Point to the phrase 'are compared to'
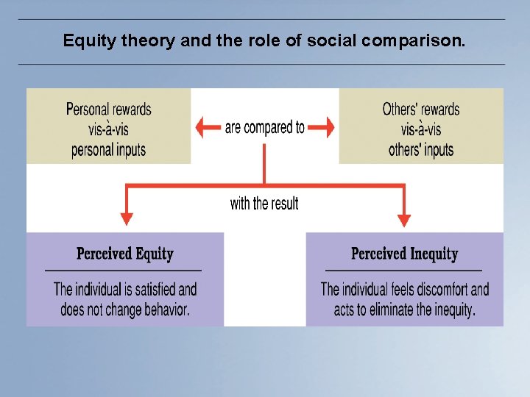264,127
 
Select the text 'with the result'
264,203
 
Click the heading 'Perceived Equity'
124,254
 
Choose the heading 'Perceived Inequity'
404,254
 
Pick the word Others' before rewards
400,110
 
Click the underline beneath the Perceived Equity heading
123,271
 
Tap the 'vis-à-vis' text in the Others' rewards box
420,129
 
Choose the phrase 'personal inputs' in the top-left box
108,150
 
